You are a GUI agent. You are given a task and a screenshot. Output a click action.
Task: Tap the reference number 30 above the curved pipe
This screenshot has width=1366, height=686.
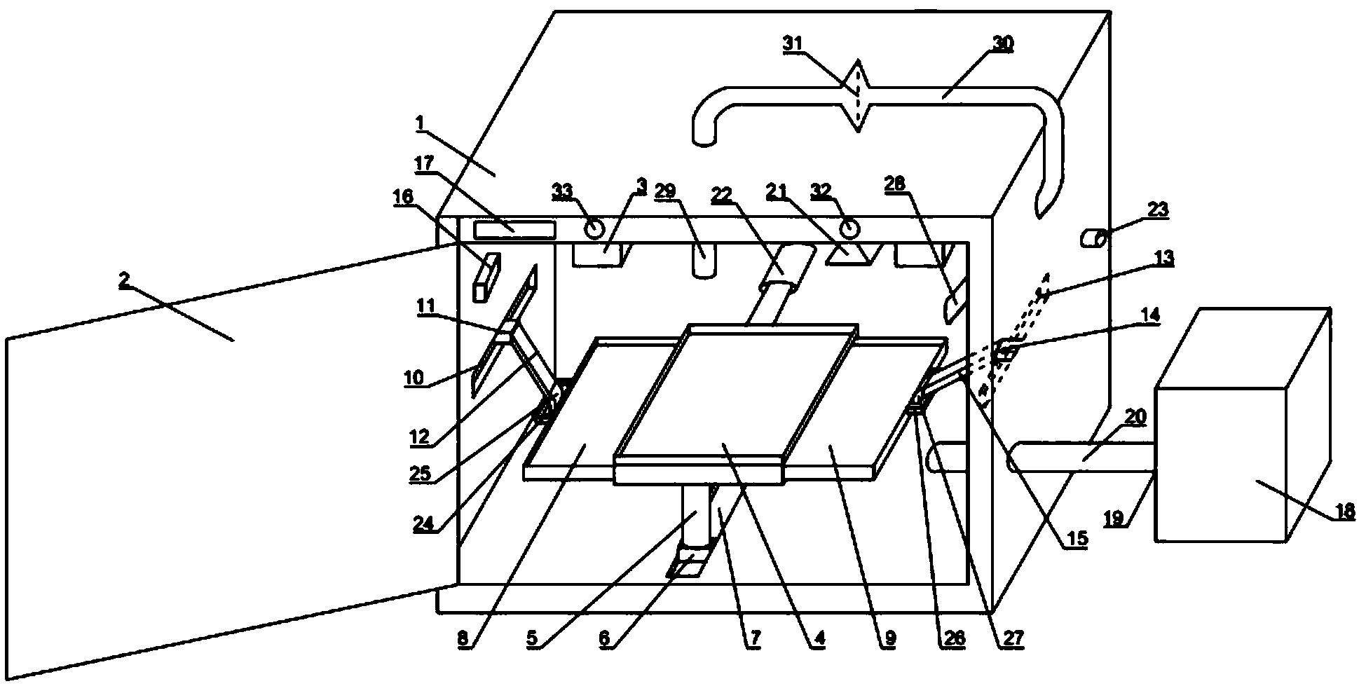(1003, 43)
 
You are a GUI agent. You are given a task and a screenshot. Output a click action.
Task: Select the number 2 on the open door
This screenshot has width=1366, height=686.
(124, 282)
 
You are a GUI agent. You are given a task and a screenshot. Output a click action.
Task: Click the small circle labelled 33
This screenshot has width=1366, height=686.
(595, 228)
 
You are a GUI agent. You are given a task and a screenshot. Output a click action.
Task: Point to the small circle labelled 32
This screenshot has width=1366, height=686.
(849, 228)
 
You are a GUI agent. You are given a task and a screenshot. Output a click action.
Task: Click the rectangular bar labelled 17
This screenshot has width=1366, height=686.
(514, 229)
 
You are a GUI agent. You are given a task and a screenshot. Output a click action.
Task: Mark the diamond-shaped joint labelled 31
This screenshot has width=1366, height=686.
(858, 96)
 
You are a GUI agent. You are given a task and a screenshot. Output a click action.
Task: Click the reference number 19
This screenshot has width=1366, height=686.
(1115, 519)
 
